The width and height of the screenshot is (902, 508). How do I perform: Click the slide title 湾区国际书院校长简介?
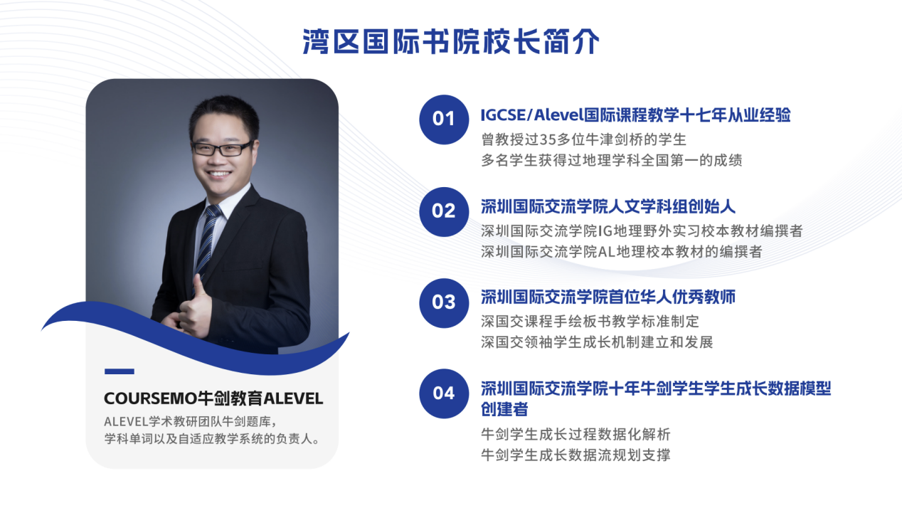point(450,41)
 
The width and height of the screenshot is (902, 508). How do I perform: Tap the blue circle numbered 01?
point(444,120)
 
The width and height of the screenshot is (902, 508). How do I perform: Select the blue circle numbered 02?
point(444,211)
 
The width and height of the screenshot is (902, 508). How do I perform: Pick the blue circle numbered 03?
point(444,303)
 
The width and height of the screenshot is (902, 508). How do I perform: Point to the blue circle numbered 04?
point(444,393)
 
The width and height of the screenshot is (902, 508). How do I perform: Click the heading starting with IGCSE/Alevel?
point(635,115)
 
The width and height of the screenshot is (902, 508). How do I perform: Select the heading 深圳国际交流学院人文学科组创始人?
point(608,206)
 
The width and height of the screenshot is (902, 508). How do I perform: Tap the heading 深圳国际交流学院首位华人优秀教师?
point(608,297)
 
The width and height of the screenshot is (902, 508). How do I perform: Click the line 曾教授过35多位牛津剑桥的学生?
point(583,139)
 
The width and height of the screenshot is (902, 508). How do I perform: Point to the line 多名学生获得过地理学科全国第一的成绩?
point(612,160)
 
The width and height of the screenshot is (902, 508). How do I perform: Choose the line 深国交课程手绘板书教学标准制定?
point(590,322)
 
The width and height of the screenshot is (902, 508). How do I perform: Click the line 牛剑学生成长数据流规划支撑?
point(575,455)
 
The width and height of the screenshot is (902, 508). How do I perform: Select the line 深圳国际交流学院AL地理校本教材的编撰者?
point(621,252)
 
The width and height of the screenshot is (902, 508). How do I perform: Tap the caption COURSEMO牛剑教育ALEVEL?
point(213,398)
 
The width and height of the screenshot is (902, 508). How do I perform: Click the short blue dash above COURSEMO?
point(120,371)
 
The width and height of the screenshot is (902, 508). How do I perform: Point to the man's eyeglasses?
point(222,148)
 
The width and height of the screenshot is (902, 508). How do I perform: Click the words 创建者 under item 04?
point(504,409)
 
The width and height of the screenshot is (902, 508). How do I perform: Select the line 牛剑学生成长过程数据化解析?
point(575,434)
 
